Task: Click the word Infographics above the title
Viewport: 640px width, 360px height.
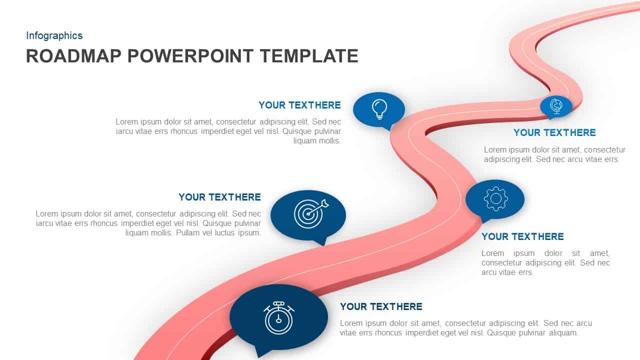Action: [54, 35]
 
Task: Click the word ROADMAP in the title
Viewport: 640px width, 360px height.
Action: [73, 56]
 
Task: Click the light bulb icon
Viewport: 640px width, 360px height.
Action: [379, 108]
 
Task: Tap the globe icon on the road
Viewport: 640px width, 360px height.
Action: [555, 105]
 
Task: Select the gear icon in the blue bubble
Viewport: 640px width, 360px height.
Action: [495, 198]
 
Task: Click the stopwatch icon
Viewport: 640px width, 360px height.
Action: [278, 317]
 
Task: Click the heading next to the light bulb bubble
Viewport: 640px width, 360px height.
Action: [299, 105]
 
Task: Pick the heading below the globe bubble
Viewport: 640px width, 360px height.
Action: [554, 132]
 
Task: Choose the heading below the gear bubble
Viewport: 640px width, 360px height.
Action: [522, 236]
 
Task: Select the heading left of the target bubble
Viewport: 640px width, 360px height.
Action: [219, 197]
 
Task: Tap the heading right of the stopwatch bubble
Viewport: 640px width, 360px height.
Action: [381, 306]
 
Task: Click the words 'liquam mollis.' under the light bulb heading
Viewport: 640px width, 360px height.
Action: [317, 141]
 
